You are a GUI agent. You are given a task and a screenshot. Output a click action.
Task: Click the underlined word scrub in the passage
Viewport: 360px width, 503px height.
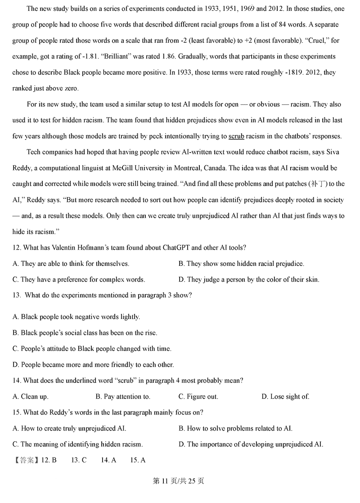[x=236, y=136]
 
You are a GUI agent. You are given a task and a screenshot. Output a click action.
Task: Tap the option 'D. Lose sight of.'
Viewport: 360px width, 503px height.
[x=285, y=396]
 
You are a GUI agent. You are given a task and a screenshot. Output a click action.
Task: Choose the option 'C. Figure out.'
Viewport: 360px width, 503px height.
[x=198, y=396]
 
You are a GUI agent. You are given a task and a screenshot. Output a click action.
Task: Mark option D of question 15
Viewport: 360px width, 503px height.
[x=251, y=444]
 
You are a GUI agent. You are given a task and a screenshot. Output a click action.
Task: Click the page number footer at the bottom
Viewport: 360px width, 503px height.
[x=180, y=481]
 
